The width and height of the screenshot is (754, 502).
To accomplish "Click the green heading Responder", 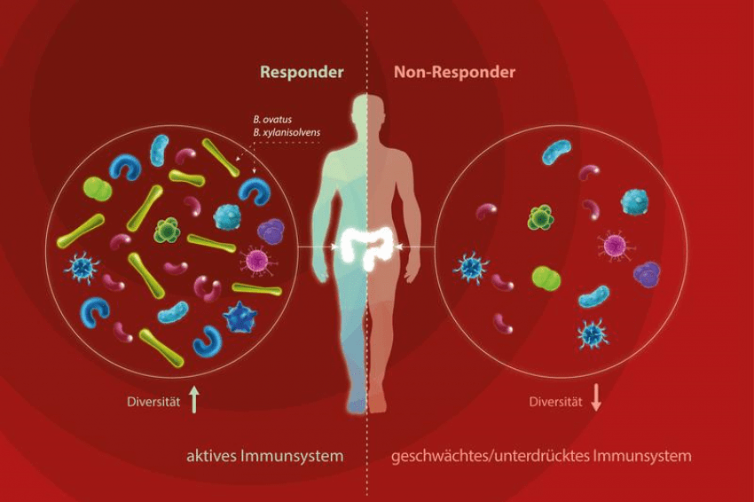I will (302, 73).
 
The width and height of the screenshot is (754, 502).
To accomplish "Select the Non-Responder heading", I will (453, 73).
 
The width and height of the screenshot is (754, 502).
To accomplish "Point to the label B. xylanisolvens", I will (286, 132).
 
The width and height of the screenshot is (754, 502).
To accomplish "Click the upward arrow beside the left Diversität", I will (194, 401).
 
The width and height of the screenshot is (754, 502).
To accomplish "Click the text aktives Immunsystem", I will (264, 457).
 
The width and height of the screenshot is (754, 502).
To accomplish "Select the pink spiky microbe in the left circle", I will (255, 260).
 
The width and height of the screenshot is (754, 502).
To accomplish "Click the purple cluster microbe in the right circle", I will (647, 275).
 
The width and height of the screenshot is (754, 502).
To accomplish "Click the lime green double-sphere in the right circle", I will (546, 278).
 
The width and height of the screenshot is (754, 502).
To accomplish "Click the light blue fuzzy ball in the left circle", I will (227, 216).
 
